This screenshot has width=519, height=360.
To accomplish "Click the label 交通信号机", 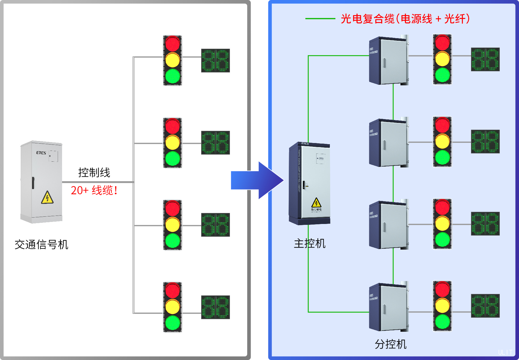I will click(x=41, y=244).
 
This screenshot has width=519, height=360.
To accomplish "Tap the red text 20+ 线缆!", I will click(x=94, y=190).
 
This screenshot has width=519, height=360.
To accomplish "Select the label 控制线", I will click(x=94, y=172).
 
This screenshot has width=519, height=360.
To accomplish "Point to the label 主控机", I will click(x=309, y=243).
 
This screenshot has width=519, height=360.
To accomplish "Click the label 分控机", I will click(x=390, y=344).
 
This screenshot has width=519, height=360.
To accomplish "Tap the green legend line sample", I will click(x=320, y=19).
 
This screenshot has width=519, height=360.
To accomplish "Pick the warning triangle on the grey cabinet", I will click(x=47, y=197).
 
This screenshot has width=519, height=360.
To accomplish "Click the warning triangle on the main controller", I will click(x=316, y=202).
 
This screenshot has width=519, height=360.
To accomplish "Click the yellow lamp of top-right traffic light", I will click(x=442, y=59).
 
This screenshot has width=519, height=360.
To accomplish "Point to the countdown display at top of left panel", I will click(x=215, y=60).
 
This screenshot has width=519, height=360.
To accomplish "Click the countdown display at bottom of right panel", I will click(x=485, y=306).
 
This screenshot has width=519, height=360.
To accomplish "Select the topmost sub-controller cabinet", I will click(x=388, y=61).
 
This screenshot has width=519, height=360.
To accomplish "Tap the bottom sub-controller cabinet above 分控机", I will click(x=388, y=307).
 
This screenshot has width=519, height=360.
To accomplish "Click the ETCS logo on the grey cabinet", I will click(x=41, y=153).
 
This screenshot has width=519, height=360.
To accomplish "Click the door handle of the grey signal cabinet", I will click(x=33, y=183).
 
